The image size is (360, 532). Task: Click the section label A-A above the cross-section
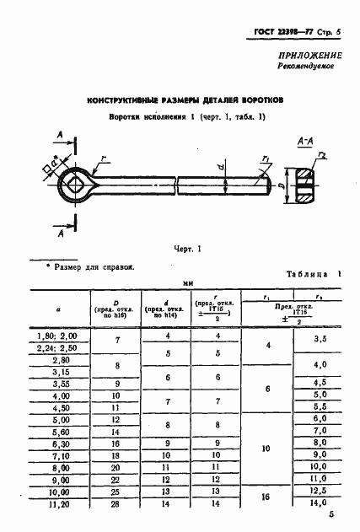tap(307, 143)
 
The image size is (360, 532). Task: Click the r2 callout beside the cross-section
tap(323, 153)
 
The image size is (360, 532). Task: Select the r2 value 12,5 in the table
tap(319, 491)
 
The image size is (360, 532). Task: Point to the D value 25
tap(116, 491)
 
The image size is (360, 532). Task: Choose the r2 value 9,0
tap(320, 454)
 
